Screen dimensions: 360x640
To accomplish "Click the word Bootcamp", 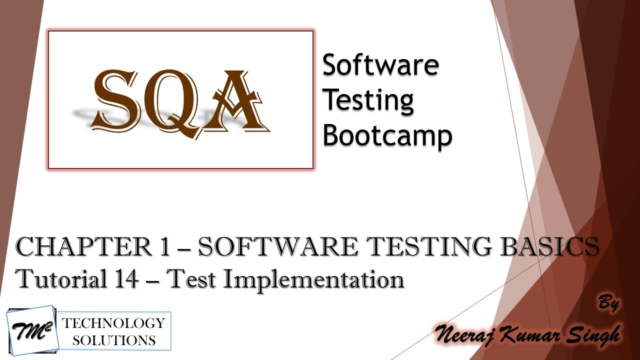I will pyautogui.click(x=387, y=135).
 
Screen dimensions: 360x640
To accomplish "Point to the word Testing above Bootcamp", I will pyautogui.click(x=368, y=100).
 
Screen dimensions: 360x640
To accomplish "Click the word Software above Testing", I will pyautogui.click(x=380, y=65).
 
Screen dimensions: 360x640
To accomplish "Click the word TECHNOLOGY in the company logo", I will pyautogui.click(x=113, y=323).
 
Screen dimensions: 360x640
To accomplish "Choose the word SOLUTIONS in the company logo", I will pyautogui.click(x=113, y=340).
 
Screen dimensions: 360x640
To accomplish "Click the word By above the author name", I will pyautogui.click(x=608, y=304).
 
